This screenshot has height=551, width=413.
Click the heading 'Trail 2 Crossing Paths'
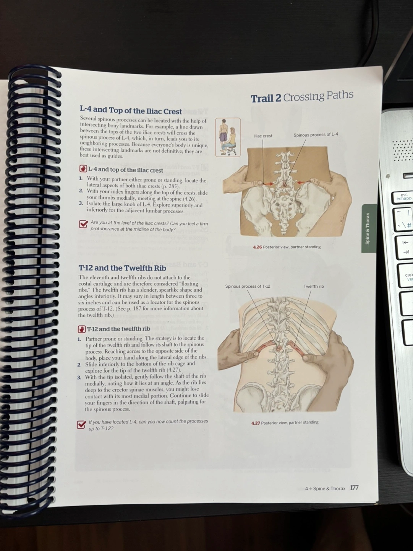[302, 96]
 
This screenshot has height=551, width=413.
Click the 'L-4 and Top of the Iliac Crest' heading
[131, 111]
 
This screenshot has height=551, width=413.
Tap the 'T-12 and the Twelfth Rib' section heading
[122, 268]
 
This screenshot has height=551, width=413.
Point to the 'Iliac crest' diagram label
[263, 136]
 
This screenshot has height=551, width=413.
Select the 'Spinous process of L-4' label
[316, 135]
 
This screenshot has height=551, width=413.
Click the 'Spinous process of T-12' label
[248, 286]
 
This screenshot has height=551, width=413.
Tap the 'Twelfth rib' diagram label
[314, 286]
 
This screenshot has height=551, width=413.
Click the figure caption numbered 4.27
[285, 423]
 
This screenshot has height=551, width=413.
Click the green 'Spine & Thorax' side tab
[368, 228]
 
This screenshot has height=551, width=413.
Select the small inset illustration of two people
[228, 137]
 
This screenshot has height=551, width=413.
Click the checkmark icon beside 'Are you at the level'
[83, 224]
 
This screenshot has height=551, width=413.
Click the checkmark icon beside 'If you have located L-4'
[81, 424]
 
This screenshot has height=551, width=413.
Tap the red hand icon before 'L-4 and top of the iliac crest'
[83, 169]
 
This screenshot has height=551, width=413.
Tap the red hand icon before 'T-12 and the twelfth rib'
[81, 329]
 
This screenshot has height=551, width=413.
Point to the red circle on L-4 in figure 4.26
[285, 185]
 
